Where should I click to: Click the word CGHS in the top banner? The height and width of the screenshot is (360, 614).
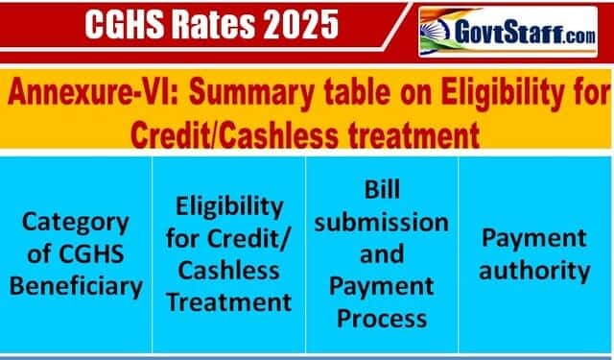click(124, 24)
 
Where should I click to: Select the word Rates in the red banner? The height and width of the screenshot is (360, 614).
click(213, 24)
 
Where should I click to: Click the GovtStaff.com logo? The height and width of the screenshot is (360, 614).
click(508, 32)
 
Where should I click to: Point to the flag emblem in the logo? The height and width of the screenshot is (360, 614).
click(435, 32)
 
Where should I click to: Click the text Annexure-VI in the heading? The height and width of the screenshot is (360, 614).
click(93, 92)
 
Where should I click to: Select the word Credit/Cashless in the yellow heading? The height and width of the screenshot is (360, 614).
click(234, 134)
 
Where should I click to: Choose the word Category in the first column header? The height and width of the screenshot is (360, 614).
click(76, 224)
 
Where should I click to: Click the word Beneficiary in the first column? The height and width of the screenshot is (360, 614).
click(76, 286)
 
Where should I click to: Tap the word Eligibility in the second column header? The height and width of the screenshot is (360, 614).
click(229, 207)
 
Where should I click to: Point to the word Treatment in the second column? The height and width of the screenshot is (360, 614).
click(229, 302)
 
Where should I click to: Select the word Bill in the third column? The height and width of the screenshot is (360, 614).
click(382, 190)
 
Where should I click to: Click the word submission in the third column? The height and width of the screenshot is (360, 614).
click(382, 223)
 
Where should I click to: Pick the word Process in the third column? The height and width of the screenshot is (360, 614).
click(382, 319)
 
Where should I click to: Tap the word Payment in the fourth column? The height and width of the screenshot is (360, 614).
click(534, 239)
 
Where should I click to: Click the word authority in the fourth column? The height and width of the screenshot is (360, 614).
click(534, 271)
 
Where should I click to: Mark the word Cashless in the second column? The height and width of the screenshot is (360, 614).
click(229, 271)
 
